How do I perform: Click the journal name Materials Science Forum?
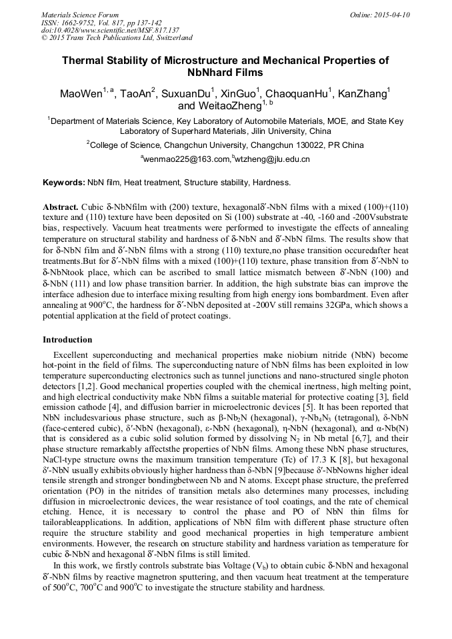(x=80, y=15)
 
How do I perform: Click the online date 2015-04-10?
(x=386, y=15)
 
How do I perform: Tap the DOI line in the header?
(x=110, y=30)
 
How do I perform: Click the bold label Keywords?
(x=63, y=183)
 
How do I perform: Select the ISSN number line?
(x=101, y=22)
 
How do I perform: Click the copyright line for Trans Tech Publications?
(x=117, y=38)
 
